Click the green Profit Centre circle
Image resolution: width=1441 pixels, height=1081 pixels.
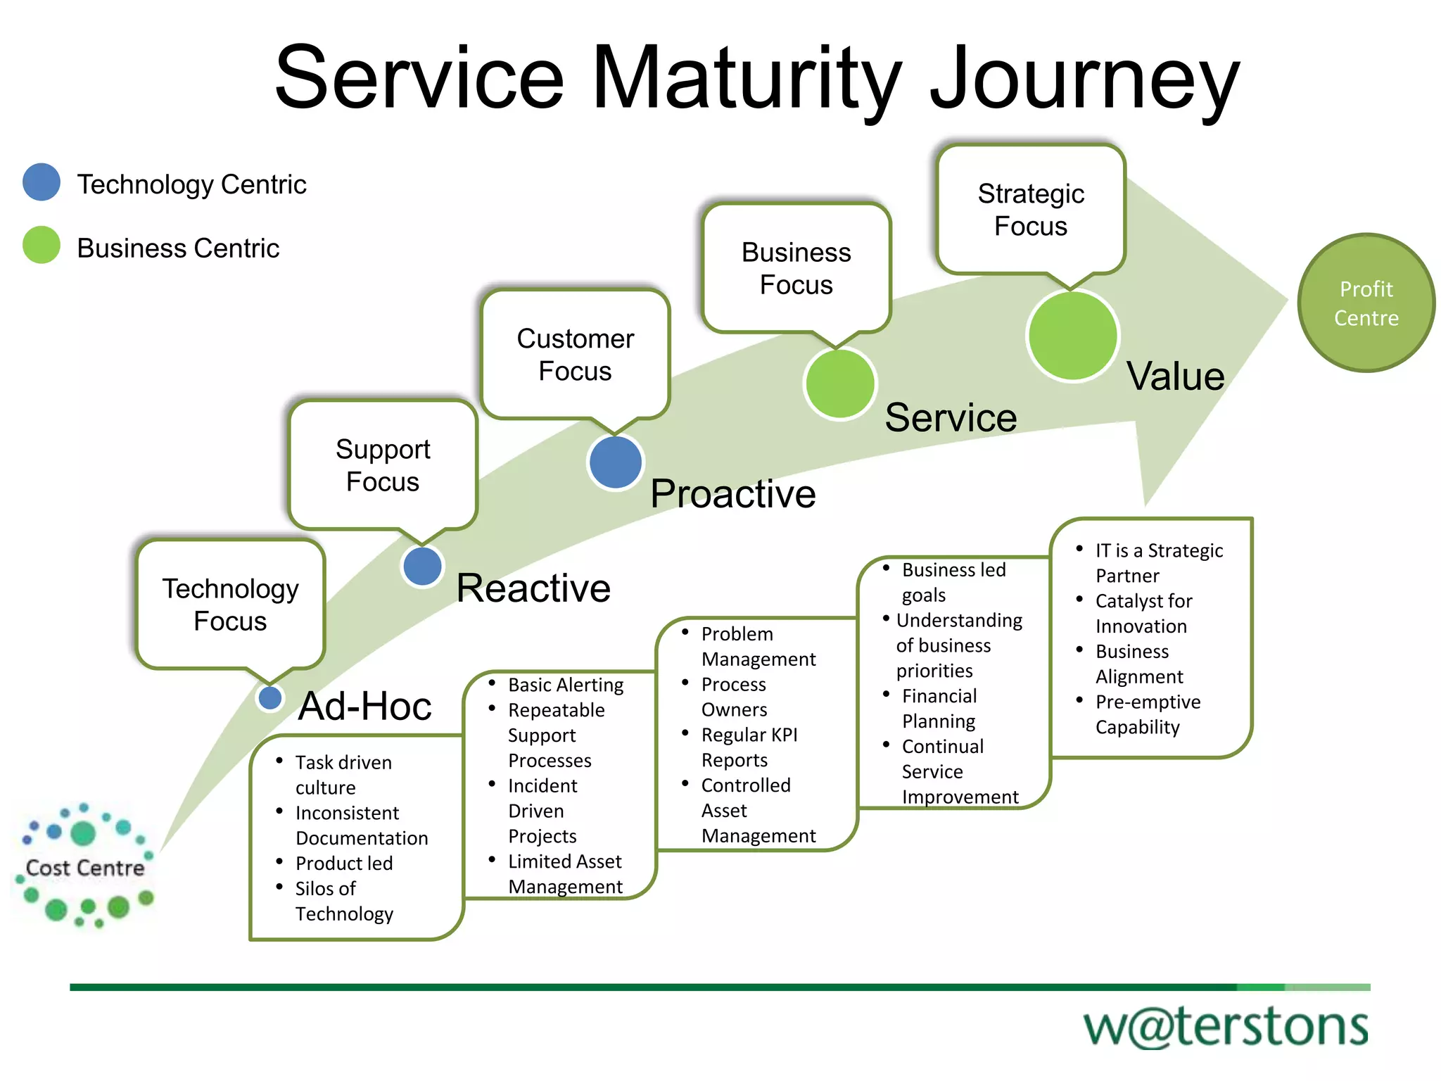[x=1366, y=303]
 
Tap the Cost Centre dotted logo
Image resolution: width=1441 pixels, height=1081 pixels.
[x=84, y=866]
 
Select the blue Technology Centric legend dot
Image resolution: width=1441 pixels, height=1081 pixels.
[x=42, y=182]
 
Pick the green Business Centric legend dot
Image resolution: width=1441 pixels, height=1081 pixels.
[x=42, y=245]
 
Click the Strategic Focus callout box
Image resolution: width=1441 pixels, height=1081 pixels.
[x=1031, y=210]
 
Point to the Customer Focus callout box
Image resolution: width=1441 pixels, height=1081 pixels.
[x=575, y=354]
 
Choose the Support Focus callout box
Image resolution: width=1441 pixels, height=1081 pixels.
[x=383, y=464]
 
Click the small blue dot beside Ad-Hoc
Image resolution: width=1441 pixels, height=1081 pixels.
[x=270, y=698]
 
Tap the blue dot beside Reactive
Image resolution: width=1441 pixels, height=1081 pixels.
[x=422, y=567]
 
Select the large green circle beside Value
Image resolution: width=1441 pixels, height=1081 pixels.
[x=1072, y=336]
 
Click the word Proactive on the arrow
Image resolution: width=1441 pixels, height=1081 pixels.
[x=732, y=493]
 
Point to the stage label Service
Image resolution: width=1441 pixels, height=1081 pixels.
[x=950, y=417]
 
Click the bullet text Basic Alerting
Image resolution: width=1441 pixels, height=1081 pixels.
[x=565, y=685]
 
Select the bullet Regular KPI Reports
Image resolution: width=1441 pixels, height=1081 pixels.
[x=749, y=747]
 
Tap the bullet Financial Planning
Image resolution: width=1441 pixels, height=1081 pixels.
[x=939, y=708]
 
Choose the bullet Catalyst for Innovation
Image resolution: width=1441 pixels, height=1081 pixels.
[x=1143, y=613]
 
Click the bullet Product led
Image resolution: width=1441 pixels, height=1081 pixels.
[x=343, y=863]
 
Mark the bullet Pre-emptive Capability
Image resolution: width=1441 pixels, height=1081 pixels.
[x=1147, y=714]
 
